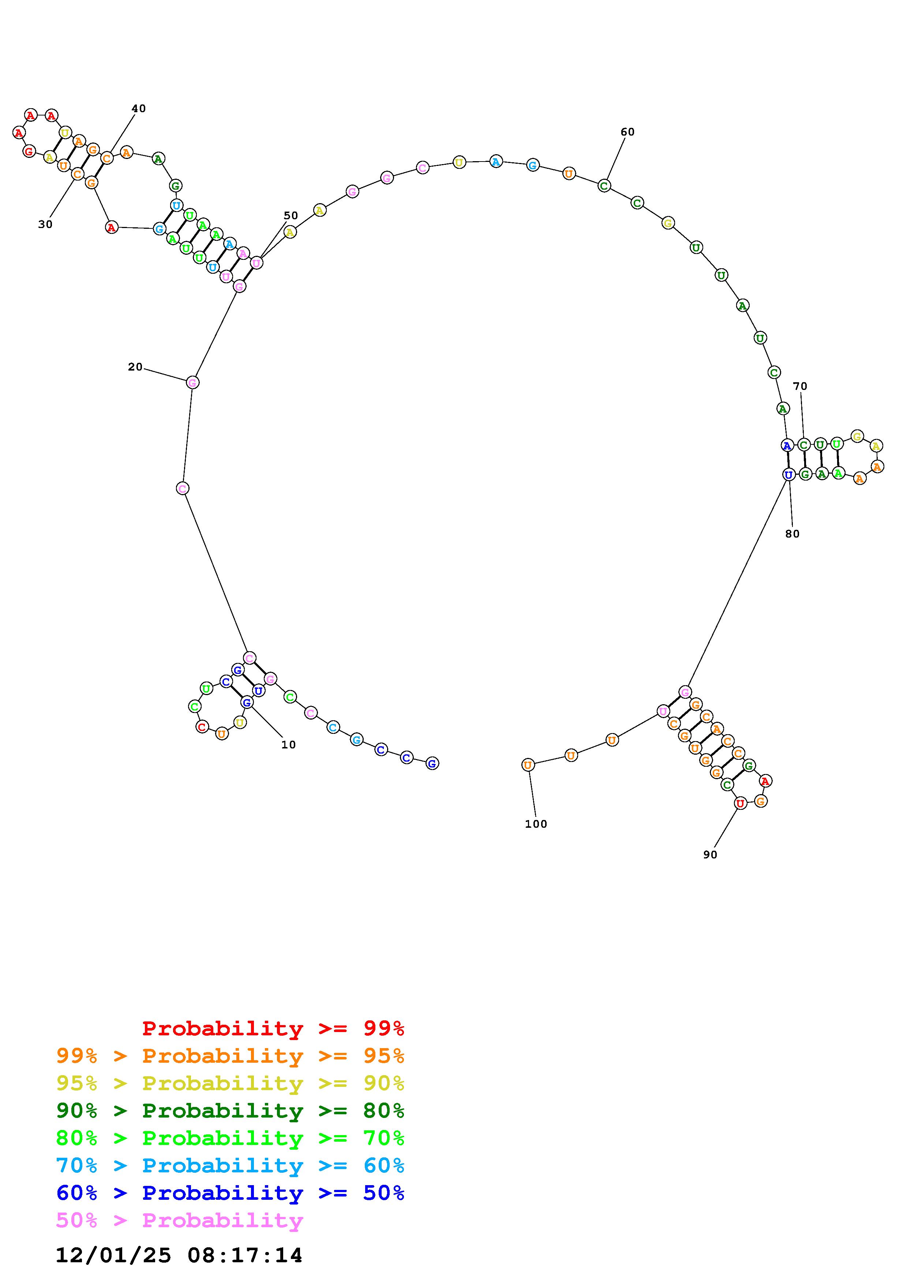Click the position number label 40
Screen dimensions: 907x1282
click(x=139, y=108)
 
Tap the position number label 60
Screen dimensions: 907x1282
click(x=627, y=132)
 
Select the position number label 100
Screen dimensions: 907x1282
click(x=536, y=824)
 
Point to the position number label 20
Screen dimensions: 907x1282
click(x=135, y=367)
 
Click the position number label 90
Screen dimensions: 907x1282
click(x=710, y=854)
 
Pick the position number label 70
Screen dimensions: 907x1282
click(x=800, y=386)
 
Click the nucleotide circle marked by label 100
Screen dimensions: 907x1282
click(x=528, y=765)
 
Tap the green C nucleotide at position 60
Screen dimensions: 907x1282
click(x=604, y=185)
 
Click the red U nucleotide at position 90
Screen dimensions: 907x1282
click(x=741, y=804)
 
